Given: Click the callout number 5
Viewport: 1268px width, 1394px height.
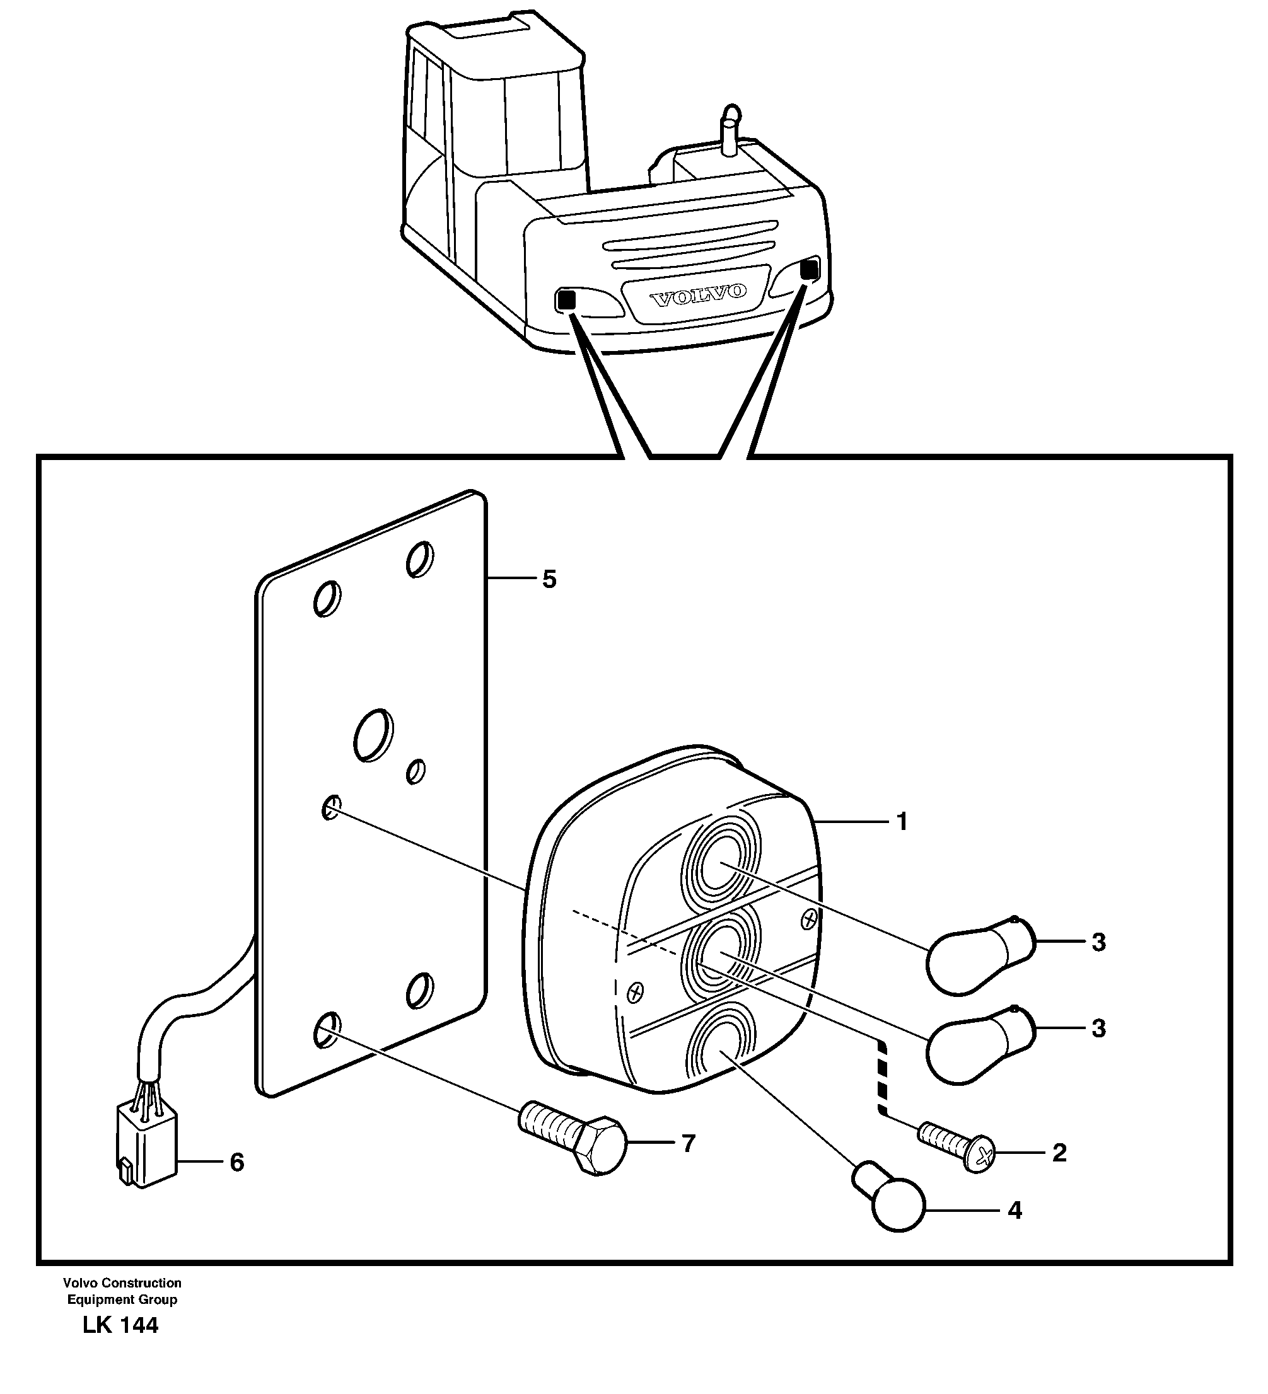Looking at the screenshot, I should pos(549,579).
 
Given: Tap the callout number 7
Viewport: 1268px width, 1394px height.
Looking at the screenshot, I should pos(688,1144).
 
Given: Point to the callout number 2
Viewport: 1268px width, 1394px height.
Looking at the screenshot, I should pos(1059,1153).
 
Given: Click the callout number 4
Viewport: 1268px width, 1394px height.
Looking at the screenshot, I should pos(1014,1210).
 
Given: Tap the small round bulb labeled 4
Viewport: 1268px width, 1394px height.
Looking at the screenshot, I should pos(892,1201).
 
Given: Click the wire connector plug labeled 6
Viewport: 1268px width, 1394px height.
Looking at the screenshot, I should pos(146,1151).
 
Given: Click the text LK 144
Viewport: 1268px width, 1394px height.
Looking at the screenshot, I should pos(120,1325).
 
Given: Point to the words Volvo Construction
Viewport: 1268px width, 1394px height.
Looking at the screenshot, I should pos(122,1282).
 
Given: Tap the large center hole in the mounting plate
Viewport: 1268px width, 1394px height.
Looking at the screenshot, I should pos(373,735).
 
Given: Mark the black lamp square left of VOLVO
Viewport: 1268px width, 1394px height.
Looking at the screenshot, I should pos(565,300).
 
